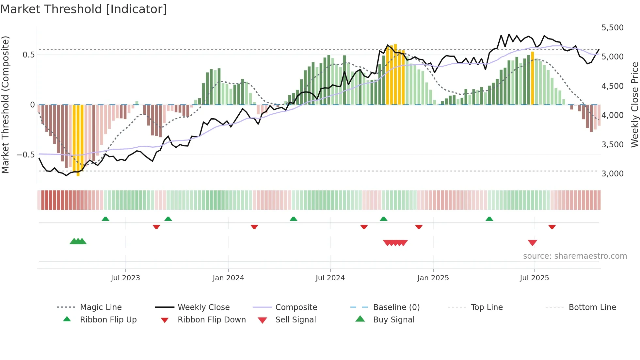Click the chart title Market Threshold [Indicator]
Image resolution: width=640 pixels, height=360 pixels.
coord(84,9)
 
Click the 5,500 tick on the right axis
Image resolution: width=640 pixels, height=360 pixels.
coord(612,28)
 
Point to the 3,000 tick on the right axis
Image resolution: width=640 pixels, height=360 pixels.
coord(612,174)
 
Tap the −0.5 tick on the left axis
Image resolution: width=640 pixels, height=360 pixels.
coord(26,155)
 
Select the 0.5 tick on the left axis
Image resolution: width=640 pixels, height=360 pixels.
coord(28,55)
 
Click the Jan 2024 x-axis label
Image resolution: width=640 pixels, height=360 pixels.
coord(228,278)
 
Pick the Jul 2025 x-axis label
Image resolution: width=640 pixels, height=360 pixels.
coord(534,278)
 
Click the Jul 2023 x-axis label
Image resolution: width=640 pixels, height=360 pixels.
coord(125,278)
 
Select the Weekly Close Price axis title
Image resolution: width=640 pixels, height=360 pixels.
coord(634,105)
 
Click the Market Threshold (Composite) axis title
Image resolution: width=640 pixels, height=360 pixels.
coord(5,105)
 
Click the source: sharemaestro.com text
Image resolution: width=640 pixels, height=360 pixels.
coord(575,256)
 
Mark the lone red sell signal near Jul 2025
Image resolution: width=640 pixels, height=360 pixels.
coord(532,243)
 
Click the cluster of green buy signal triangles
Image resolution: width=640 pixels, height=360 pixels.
coord(78,241)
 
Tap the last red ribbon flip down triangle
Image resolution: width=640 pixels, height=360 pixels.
coord(552,227)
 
